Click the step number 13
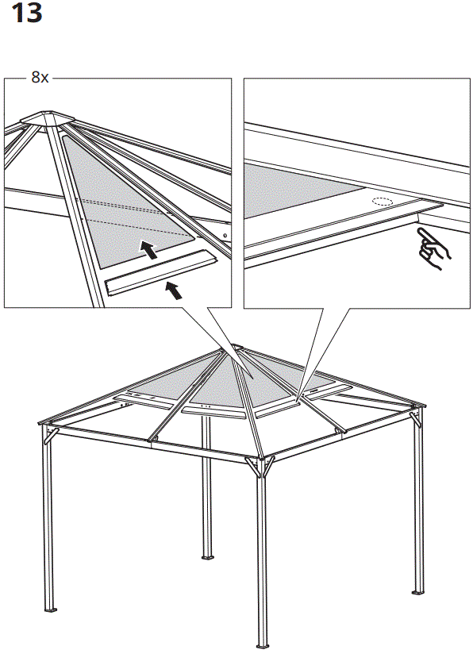(27, 15)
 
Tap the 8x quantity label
(40, 78)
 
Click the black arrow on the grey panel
(148, 250)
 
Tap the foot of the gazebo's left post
(52, 610)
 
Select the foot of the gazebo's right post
(417, 592)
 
